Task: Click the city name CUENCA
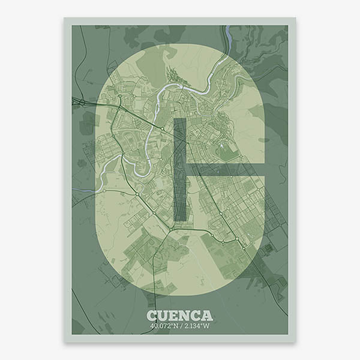(179, 316)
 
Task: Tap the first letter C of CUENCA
(152, 316)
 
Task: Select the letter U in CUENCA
(163, 316)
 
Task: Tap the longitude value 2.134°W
(195, 326)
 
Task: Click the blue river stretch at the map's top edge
(228, 35)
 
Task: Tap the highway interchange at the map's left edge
(78, 102)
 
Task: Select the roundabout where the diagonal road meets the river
(161, 128)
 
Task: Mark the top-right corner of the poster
(295, 18)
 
